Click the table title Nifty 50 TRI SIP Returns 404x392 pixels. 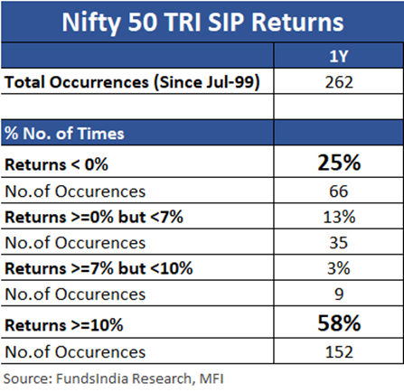[202, 23]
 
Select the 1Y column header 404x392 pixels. [339, 56]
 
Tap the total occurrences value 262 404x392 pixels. [339, 82]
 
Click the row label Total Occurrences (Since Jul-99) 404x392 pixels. [132, 82]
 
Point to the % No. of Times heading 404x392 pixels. [64, 133]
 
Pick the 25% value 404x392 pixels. [339, 163]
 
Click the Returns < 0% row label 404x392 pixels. [56, 164]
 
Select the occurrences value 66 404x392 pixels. [339, 191]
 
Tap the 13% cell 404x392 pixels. [339, 217]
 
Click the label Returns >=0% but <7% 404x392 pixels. [94, 217]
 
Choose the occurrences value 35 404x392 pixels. [339, 243]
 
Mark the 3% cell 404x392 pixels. [339, 268]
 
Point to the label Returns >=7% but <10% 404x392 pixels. [99, 268]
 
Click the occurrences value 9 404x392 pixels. [339, 294]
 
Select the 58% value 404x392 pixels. [339, 323]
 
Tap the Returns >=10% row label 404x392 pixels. [64, 325]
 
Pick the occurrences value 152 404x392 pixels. [339, 352]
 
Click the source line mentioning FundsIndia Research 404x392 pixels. [114, 378]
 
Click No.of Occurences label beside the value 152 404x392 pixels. [75, 352]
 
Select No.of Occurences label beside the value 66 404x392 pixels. [75, 191]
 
